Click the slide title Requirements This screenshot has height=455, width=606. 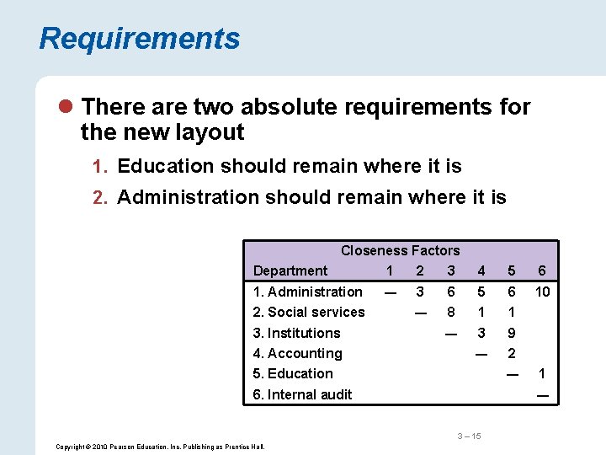139,39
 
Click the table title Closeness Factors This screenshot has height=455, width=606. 400,250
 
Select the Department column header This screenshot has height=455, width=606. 290,270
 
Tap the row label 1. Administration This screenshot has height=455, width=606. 308,292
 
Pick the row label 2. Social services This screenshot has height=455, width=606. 309,312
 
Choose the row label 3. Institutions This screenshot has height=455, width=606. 297,333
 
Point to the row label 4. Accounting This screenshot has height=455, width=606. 298,353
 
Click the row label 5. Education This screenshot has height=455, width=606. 293,373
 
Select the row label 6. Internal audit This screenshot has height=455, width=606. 303,394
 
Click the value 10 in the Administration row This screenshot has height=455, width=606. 542,292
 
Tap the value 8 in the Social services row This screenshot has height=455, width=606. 451,312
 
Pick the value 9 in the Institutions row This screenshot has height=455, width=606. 512,333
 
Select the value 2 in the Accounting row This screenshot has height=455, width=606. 512,353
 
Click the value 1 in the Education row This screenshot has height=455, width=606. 542,373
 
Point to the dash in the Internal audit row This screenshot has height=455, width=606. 542,394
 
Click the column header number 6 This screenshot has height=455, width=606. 542,270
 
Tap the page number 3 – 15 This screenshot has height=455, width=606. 469,436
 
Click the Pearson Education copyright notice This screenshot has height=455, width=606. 160,447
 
